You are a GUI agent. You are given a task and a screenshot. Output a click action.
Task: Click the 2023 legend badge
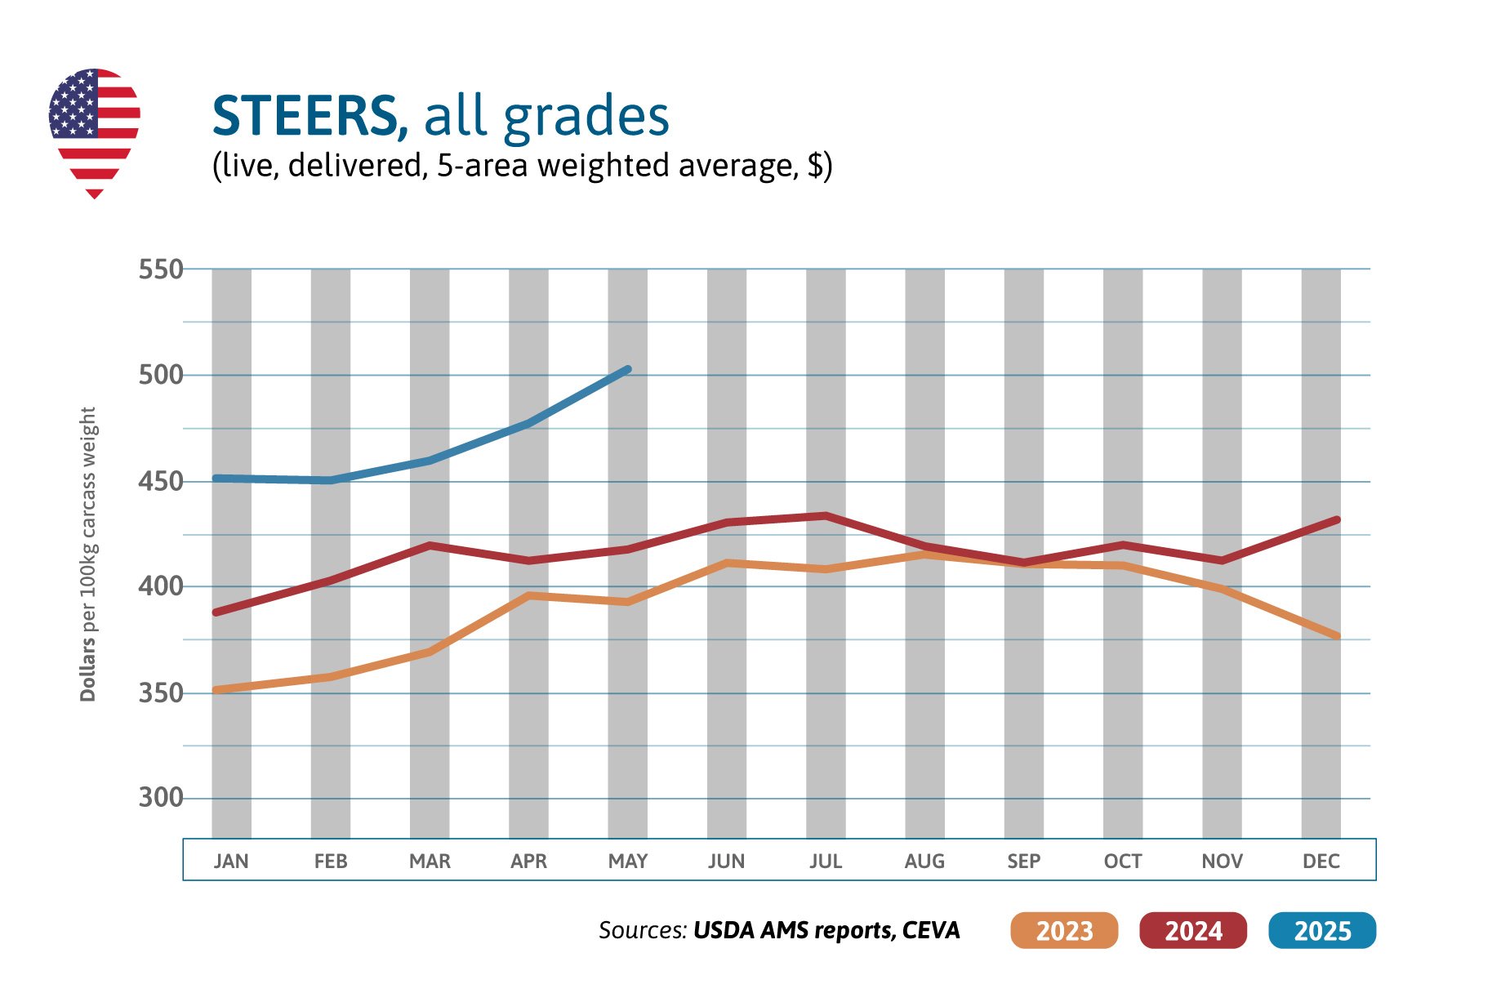pos(1063,930)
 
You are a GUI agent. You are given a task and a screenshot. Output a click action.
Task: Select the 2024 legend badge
pos(1192,930)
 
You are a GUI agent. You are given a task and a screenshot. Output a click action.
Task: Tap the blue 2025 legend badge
pos(1321,930)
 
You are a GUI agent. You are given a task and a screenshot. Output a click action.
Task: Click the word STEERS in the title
pos(309,116)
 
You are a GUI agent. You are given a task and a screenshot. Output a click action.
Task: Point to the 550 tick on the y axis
pos(160,269)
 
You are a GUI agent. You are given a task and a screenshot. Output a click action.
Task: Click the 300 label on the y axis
pos(160,797)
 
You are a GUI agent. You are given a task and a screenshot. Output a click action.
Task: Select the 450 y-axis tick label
pos(160,482)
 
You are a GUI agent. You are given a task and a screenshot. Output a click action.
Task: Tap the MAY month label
pos(627,861)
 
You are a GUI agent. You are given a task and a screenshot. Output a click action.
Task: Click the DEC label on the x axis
pos(1321,861)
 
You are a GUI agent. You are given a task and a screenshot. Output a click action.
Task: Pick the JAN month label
pos(231,861)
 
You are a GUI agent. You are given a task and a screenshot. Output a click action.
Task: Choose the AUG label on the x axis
pos(924,861)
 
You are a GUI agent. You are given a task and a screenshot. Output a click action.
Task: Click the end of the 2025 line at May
pos(627,370)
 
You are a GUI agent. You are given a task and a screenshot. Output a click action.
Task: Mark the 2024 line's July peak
pos(826,516)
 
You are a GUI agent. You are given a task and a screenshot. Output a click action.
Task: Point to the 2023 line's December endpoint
pos(1335,635)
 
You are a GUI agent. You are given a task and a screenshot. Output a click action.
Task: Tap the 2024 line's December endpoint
pos(1335,519)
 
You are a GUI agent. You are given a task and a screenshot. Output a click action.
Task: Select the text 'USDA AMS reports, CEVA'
pos(826,930)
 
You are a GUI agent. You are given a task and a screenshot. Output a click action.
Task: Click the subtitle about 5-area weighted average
pos(522,166)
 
